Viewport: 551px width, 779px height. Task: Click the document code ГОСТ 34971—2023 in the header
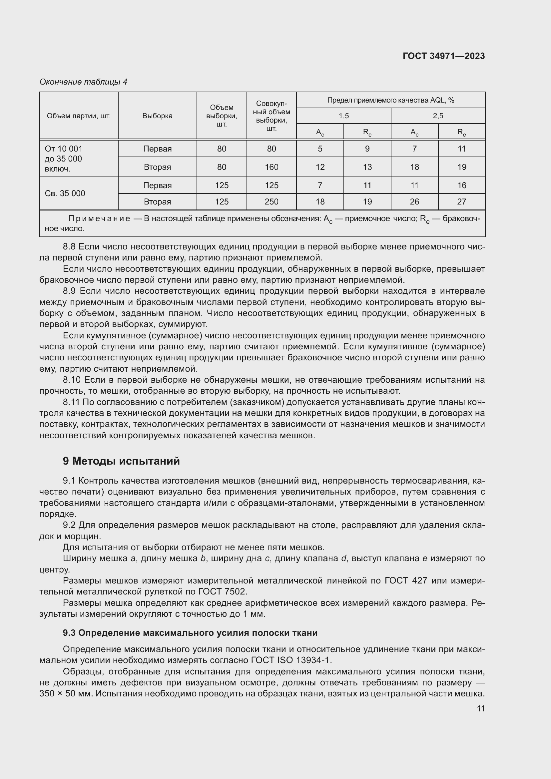(x=443, y=56)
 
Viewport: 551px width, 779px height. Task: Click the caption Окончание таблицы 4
(x=83, y=82)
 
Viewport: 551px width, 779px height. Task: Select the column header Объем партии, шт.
(x=79, y=116)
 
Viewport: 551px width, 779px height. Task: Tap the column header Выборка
(x=157, y=116)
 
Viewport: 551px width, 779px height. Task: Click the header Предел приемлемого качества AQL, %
(x=390, y=100)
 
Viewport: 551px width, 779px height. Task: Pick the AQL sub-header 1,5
(x=343, y=116)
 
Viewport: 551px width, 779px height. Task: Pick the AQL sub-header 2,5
(x=438, y=116)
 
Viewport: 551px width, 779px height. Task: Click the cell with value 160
(x=272, y=167)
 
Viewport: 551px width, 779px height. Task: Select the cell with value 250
(x=272, y=201)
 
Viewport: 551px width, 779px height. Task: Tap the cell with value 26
(x=414, y=201)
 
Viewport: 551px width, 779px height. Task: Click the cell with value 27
(x=461, y=201)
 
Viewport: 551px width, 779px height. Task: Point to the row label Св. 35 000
(x=65, y=194)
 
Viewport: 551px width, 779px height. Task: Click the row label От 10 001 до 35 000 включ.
(x=63, y=159)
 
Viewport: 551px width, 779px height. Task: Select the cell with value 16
(x=461, y=185)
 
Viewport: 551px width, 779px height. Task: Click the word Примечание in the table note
(x=99, y=219)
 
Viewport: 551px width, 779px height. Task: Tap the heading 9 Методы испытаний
(x=121, y=461)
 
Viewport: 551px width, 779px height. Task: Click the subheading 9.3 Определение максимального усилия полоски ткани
(x=190, y=633)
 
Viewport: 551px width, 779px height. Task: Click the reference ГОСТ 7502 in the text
(x=222, y=591)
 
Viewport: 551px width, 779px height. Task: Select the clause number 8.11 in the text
(x=71, y=402)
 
